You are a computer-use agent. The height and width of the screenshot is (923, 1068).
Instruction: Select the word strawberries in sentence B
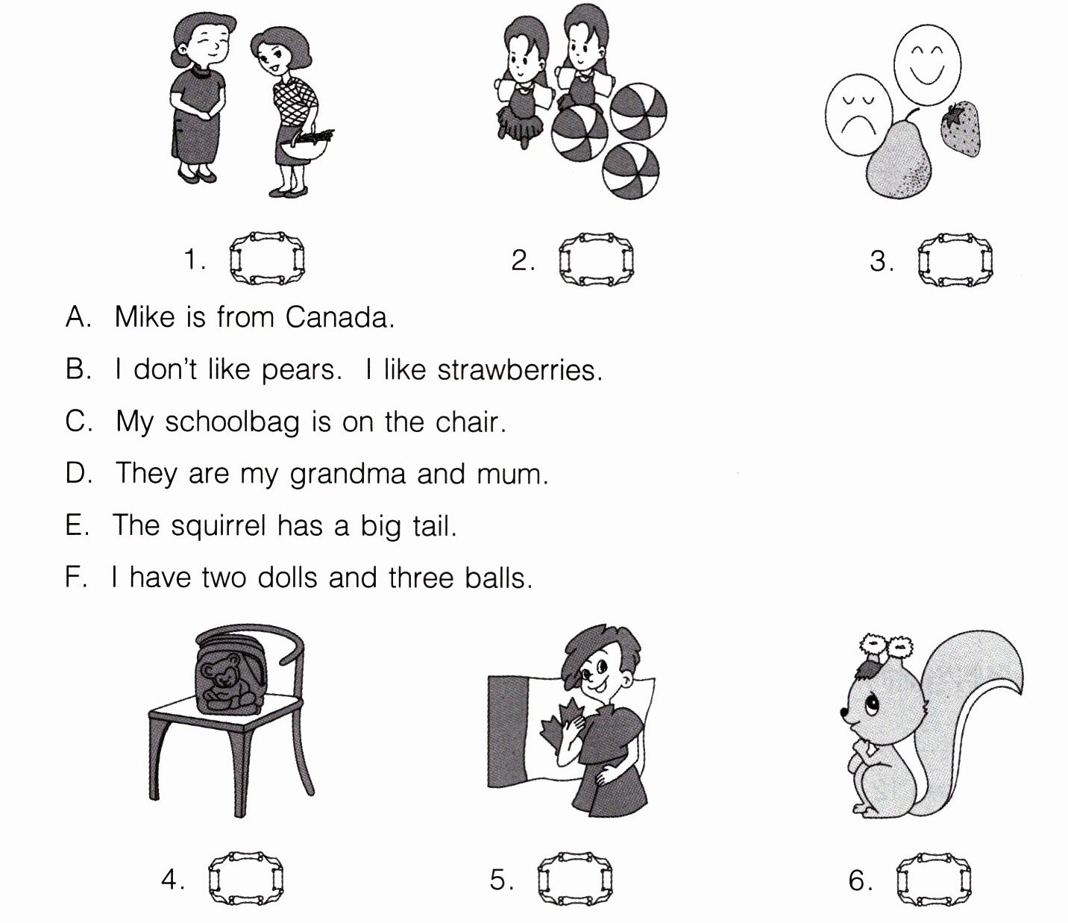click(x=520, y=369)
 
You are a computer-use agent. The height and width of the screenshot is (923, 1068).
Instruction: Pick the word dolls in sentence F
click(x=287, y=578)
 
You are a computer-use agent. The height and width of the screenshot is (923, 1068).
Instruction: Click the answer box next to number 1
click(x=266, y=258)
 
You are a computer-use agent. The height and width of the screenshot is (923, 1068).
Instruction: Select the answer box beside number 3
click(x=955, y=260)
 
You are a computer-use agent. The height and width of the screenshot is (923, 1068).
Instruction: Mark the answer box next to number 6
click(x=933, y=880)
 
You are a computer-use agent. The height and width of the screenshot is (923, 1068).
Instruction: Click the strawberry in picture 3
click(x=961, y=128)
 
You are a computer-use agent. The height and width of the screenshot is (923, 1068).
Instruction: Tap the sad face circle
click(x=858, y=114)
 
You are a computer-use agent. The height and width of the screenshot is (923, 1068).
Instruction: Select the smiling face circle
click(x=928, y=65)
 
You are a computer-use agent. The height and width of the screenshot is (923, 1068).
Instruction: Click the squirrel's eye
click(x=872, y=704)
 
